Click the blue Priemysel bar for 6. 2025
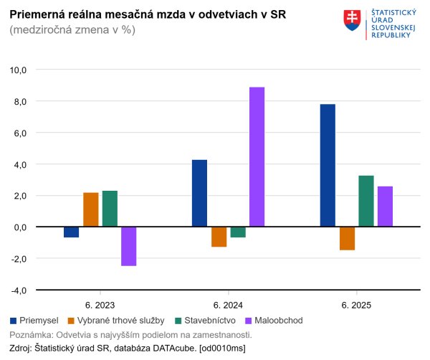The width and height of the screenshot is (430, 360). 328,166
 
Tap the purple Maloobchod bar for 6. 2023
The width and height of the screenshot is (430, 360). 129,246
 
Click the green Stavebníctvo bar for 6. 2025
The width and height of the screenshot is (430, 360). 365,201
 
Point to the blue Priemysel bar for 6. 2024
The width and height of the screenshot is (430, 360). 199,193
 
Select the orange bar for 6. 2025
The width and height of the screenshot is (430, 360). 347,238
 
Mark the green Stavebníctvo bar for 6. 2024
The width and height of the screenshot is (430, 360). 238,232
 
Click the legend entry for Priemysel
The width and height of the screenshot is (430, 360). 34,320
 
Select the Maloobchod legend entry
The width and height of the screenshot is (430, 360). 275,320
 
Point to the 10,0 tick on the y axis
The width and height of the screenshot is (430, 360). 16,70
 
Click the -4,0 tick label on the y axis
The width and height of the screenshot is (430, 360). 16,290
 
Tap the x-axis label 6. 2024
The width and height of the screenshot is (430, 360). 228,305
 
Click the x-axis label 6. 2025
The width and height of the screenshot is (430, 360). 356,305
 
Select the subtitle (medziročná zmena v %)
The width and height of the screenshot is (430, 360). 72,30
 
